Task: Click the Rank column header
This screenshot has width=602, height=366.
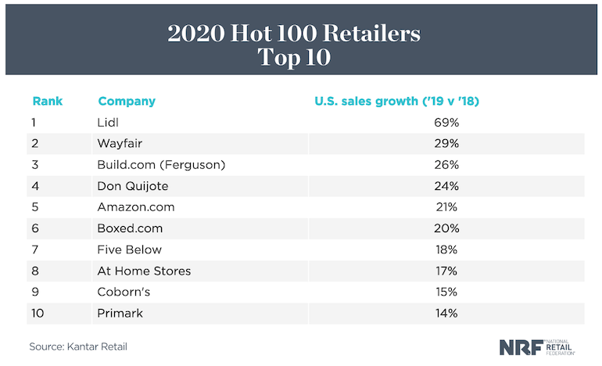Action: pyautogui.click(x=47, y=101)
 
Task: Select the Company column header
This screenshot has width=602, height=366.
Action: pyautogui.click(x=127, y=101)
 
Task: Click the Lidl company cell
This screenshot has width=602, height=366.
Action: pyautogui.click(x=107, y=123)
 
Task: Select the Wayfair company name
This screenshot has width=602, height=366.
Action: pyautogui.click(x=119, y=144)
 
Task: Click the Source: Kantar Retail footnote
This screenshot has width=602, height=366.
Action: pyautogui.click(x=78, y=346)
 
